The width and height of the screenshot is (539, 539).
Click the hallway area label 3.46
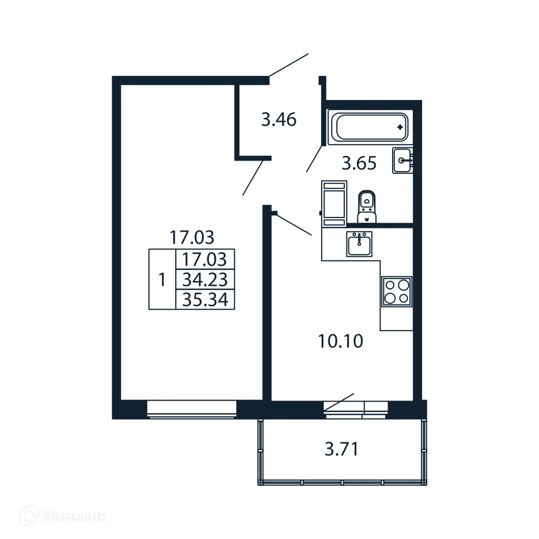[x=278, y=120]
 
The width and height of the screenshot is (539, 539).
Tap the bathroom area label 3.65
[x=359, y=164]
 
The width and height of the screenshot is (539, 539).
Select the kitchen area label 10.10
[x=340, y=342]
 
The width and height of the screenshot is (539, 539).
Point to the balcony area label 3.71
[x=342, y=450]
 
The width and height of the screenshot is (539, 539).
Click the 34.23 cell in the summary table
[x=205, y=279]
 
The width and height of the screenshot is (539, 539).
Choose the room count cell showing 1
[x=162, y=280]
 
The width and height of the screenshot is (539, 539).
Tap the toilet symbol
[x=367, y=206]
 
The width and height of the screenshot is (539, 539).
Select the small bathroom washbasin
[x=403, y=161]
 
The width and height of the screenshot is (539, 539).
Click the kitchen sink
[x=359, y=244]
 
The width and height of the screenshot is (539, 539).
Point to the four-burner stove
[x=396, y=291]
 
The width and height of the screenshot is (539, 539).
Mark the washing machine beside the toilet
[x=334, y=203]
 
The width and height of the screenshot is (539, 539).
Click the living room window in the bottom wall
[x=192, y=409]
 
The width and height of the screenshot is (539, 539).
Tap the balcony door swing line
[x=339, y=401]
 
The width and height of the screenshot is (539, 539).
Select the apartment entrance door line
[x=288, y=65]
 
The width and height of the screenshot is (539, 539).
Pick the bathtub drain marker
[x=400, y=127]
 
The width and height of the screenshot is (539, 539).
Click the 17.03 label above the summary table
[x=192, y=237]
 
